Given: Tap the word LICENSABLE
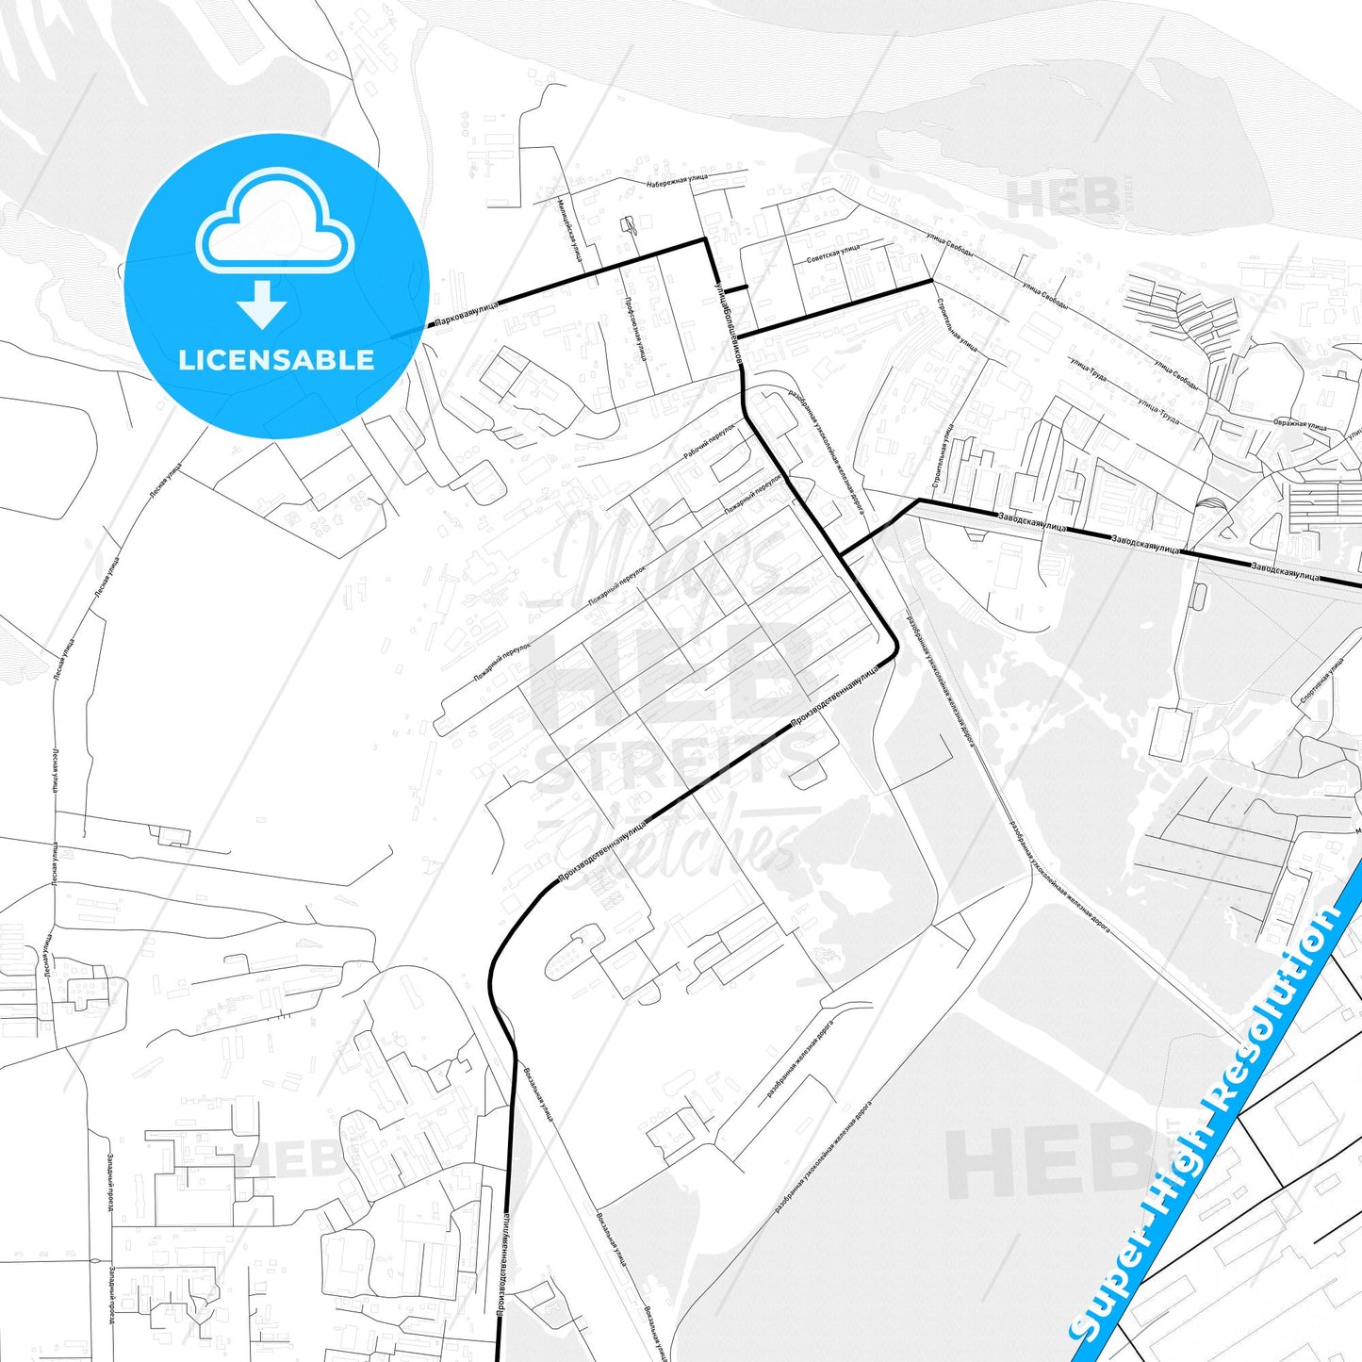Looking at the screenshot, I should coord(276,360).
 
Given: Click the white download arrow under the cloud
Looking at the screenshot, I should coord(262,305).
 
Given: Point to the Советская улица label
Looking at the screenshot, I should coord(833,254).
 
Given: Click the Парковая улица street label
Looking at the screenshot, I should coord(467,314).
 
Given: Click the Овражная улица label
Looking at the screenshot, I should coord(1300,424).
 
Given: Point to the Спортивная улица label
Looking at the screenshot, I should coord(1321,681).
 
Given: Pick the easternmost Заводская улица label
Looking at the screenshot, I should coord(1286,571).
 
